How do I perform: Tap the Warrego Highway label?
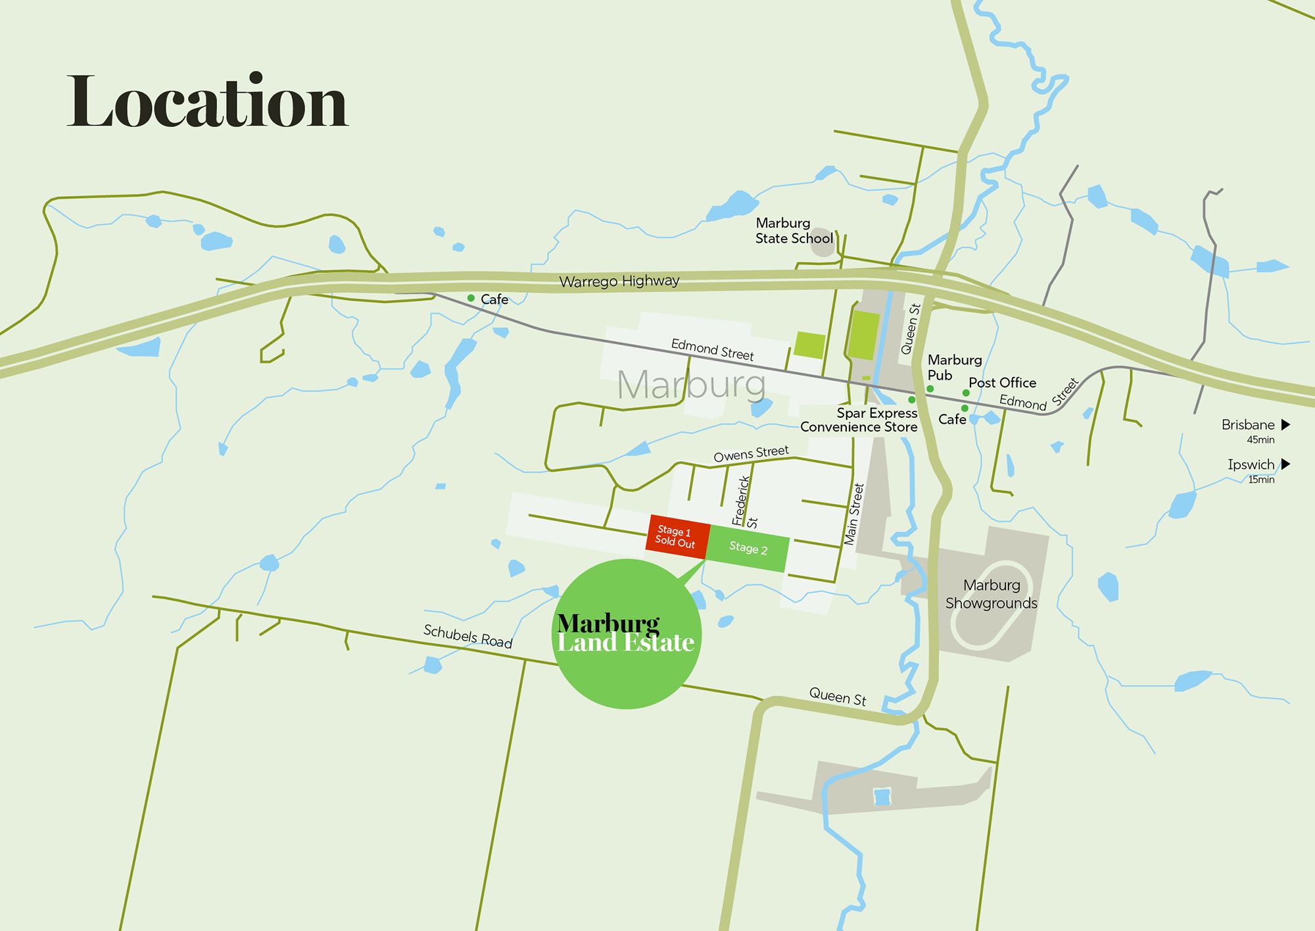[619, 281]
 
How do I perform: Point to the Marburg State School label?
[794, 231]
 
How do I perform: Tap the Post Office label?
[1002, 382]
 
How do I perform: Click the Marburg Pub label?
[954, 367]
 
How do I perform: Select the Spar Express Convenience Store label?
[859, 420]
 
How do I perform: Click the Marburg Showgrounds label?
[991, 594]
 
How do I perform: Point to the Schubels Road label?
[467, 636]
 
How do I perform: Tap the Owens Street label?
[751, 453]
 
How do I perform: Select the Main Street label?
[853, 515]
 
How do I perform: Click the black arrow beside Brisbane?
[1285, 424]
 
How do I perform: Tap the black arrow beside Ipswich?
[1285, 464]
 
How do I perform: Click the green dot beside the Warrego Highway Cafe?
[471, 298]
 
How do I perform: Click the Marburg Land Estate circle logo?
[626, 634]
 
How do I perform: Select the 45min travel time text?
[1260, 440]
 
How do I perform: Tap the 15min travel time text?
[1261, 480]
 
